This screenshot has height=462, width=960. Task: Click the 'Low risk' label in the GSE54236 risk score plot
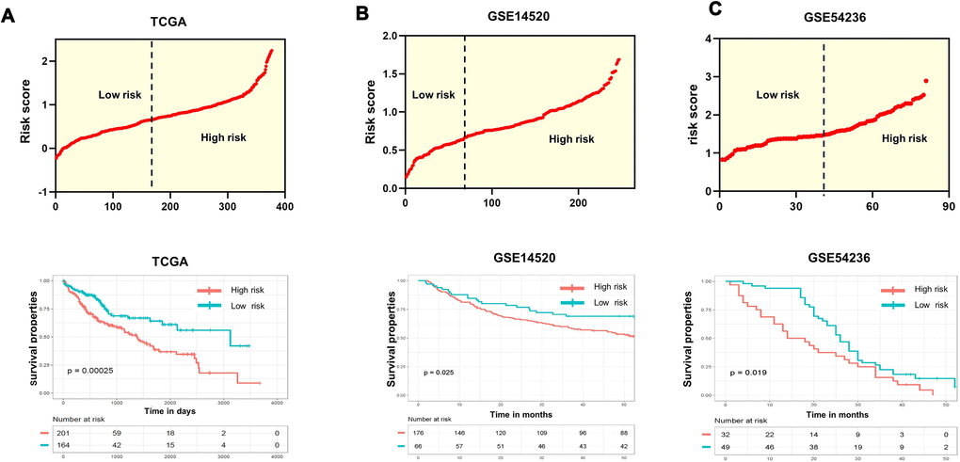coord(777,95)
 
